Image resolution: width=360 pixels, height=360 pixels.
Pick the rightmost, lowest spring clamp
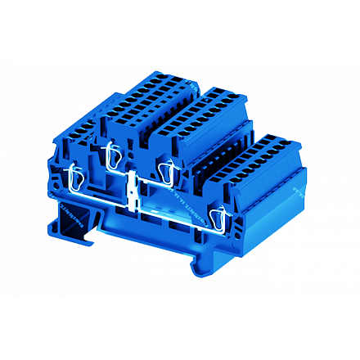point(218,218)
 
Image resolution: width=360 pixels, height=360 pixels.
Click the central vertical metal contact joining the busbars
point(133,191)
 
